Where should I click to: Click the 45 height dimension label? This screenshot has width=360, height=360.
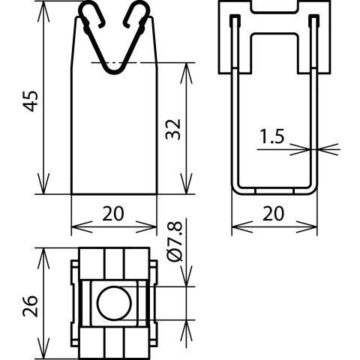click(x=31, y=101)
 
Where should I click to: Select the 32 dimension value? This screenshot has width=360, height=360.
click(x=173, y=129)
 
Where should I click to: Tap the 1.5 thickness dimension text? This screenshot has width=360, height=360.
click(x=272, y=136)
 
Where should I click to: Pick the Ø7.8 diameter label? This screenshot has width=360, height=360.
click(x=175, y=242)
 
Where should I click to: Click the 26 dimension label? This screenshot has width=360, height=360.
click(x=31, y=306)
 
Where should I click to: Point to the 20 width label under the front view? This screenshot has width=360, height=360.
click(x=113, y=214)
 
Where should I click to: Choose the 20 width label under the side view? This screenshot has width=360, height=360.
click(x=273, y=214)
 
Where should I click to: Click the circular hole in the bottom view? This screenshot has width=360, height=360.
click(x=115, y=304)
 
